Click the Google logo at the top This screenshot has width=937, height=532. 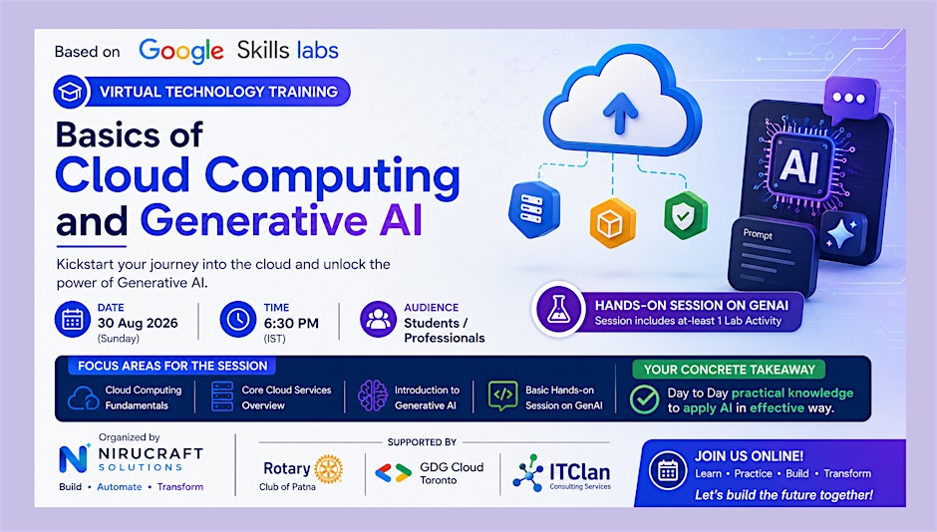click(181, 52)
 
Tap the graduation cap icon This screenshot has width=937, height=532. click(71, 92)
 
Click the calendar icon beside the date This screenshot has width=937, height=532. click(73, 320)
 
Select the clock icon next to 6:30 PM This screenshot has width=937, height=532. click(238, 320)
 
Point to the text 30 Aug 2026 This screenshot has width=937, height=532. click(138, 323)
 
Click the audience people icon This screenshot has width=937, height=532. click(378, 320)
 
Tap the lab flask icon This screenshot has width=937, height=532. click(558, 310)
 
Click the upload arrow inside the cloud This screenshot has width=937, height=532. click(620, 113)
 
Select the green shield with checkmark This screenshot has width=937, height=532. click(685, 214)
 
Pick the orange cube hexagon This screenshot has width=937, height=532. click(612, 223)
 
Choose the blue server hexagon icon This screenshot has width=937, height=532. click(534, 209)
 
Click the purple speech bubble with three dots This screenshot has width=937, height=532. click(849, 99)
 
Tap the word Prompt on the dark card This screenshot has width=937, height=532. click(758, 234)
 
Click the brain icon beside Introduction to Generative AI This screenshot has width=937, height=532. click(372, 396)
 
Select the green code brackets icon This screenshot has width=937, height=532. click(502, 396)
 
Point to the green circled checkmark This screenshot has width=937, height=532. click(644, 399)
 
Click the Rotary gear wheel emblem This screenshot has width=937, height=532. click(328, 468)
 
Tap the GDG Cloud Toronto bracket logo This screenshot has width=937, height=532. click(393, 473)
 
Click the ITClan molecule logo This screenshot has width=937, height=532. click(528, 473)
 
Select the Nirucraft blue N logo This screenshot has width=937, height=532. click(74, 458)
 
